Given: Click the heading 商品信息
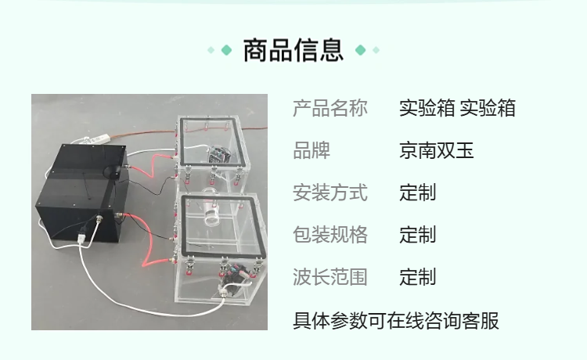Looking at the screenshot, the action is click(293, 50).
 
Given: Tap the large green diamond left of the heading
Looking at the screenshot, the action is click(226, 50).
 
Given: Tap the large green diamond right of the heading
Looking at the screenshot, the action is click(361, 50).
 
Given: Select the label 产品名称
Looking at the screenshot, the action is click(330, 108).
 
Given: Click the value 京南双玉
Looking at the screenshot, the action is click(437, 150).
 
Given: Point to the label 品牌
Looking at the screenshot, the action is click(312, 150).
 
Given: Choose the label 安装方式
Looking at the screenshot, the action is click(330, 193).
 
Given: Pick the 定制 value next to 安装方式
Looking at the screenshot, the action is click(418, 193).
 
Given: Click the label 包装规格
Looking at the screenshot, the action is click(330, 235).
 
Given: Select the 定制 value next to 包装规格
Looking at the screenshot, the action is click(418, 235).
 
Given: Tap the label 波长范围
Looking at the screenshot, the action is click(330, 277).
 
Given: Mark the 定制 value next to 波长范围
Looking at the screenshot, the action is click(418, 277).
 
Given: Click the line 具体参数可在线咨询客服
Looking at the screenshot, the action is click(396, 321).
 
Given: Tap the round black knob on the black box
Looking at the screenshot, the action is click(112, 171).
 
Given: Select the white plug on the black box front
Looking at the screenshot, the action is click(81, 239).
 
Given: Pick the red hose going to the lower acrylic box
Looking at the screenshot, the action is click(147, 239).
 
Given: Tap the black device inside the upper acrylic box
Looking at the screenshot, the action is click(219, 154).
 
